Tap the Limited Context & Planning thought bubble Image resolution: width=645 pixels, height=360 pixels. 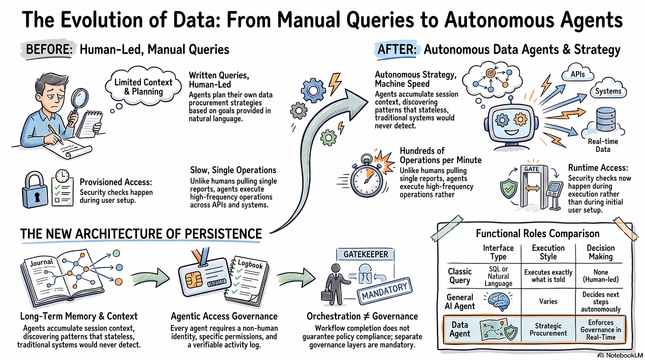[144, 86]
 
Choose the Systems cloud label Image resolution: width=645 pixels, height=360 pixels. [608, 91]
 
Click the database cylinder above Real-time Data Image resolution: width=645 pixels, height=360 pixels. [606, 119]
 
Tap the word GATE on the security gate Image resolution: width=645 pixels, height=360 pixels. [532, 169]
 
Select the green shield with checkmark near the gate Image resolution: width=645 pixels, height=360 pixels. [509, 189]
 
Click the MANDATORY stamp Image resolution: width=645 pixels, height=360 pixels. [385, 291]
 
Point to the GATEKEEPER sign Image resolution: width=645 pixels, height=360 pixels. [366, 254]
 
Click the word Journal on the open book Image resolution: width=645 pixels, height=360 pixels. [42, 263]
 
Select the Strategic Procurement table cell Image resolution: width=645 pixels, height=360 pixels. [548, 329]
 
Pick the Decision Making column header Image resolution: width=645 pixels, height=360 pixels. [601, 252]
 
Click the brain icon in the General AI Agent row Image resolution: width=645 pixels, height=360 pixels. [498, 301]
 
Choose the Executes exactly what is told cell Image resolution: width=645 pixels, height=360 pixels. [548, 276]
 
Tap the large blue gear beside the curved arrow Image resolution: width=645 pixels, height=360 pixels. [313, 90]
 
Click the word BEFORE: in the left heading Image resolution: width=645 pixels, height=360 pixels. [49, 50]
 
